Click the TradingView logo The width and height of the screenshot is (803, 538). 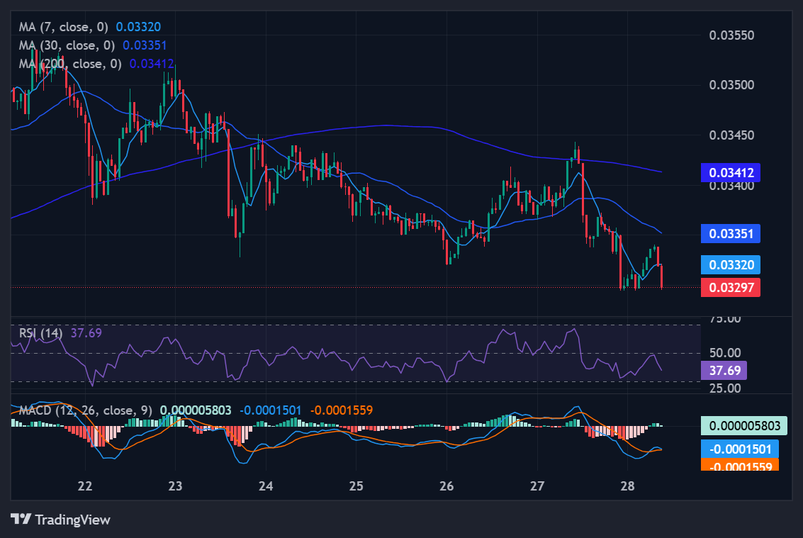[x=60, y=520]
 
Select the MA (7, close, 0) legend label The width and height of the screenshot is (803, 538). [x=64, y=27]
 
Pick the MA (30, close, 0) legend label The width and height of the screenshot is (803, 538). [x=67, y=45]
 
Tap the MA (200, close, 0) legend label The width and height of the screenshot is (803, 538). [x=70, y=64]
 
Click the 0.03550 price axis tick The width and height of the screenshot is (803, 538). [x=732, y=35]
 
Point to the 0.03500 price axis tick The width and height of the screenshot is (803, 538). [x=732, y=86]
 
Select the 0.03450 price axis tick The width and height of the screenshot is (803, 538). [x=732, y=135]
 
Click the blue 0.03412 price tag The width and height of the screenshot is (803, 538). [x=731, y=172]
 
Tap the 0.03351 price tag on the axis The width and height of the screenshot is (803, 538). [x=731, y=234]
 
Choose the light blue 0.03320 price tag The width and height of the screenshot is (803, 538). [x=731, y=265]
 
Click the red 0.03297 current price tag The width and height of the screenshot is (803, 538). [x=731, y=287]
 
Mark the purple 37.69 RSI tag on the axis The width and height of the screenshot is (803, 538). [x=723, y=370]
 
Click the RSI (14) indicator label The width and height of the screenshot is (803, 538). [x=41, y=332]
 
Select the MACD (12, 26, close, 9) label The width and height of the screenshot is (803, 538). [x=85, y=410]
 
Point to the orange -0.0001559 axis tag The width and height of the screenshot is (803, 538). [x=739, y=465]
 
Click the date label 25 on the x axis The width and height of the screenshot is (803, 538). [x=356, y=486]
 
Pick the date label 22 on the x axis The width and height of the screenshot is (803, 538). [x=86, y=486]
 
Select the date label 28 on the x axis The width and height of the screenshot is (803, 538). [x=627, y=486]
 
